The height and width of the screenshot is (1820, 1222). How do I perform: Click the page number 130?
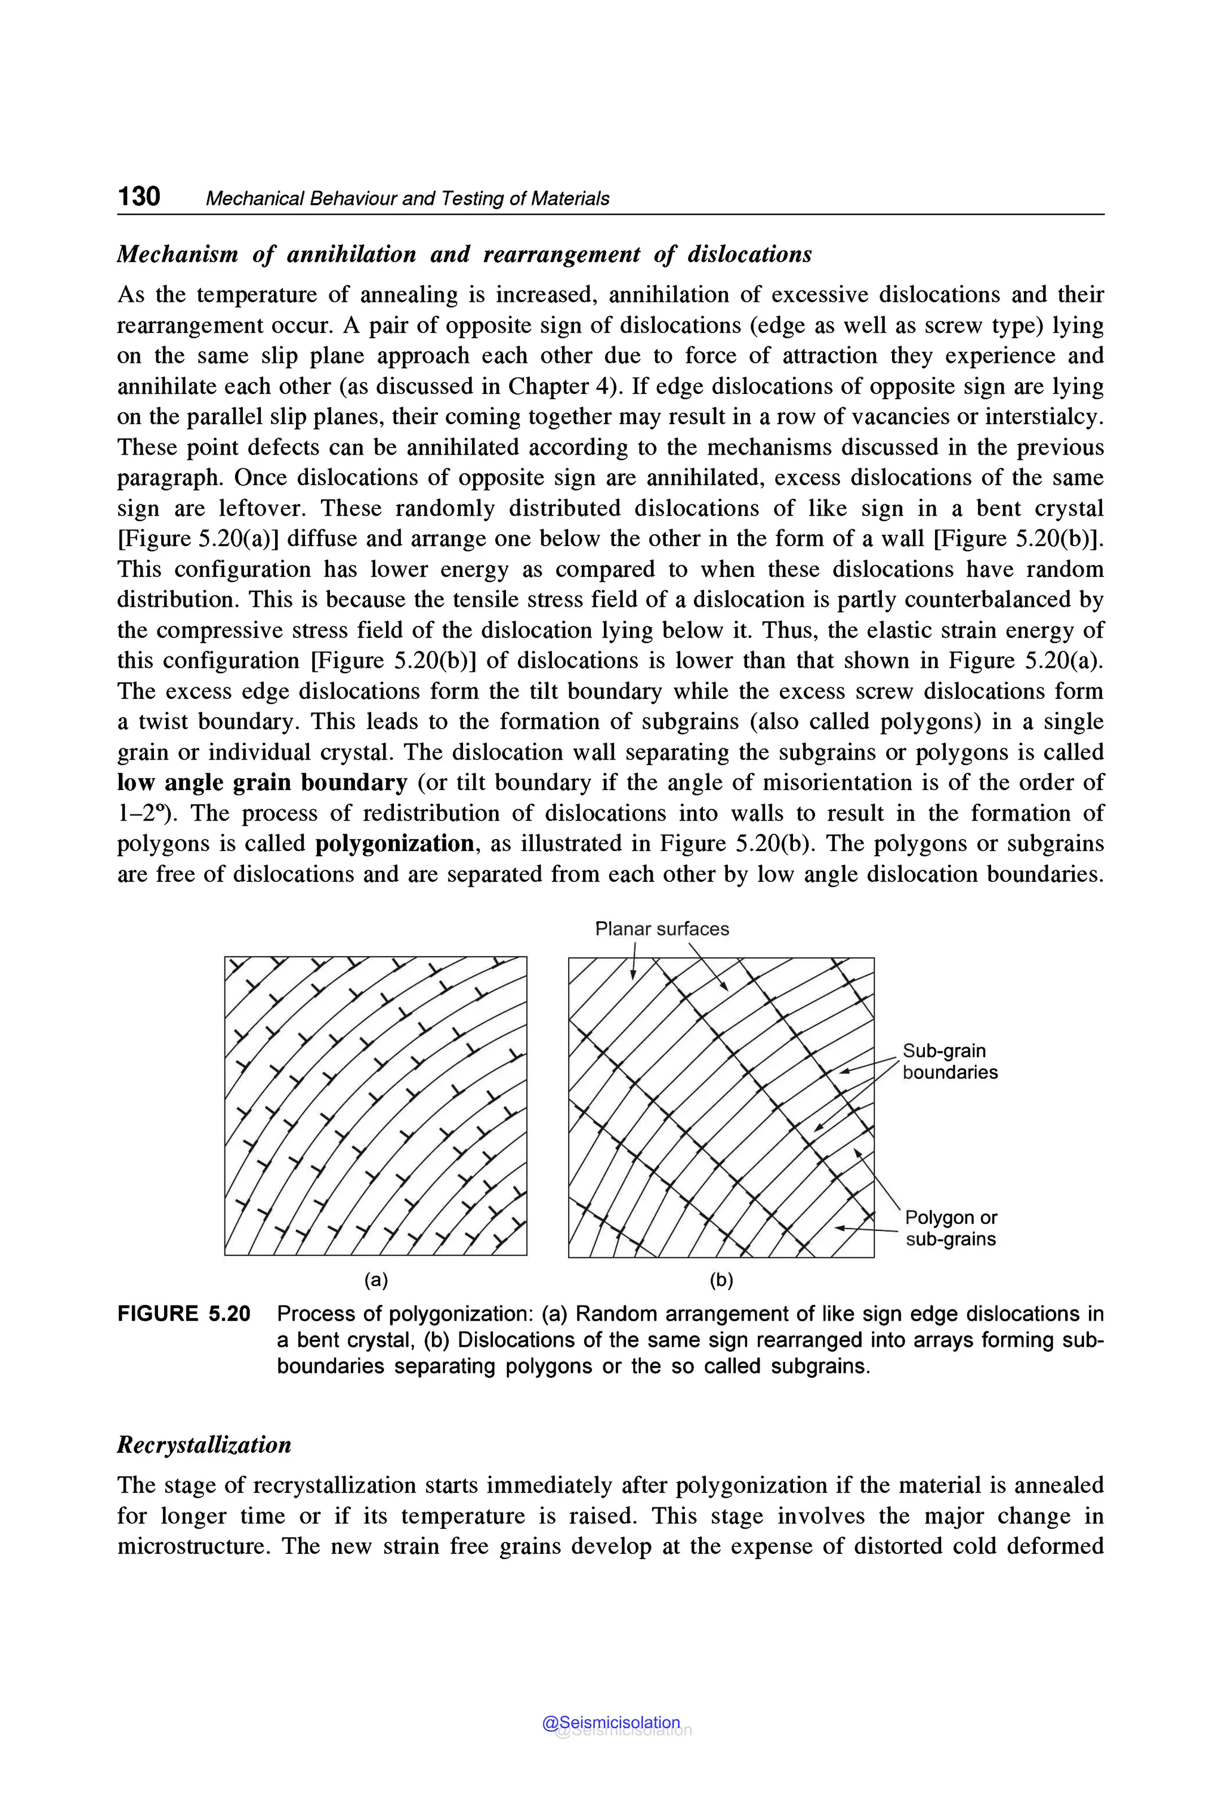138,196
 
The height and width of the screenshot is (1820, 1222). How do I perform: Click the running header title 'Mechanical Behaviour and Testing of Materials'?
407,199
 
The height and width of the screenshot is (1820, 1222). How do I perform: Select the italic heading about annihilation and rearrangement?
464,254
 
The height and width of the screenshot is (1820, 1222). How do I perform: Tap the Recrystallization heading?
203,1444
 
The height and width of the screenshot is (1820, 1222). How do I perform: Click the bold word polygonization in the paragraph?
394,843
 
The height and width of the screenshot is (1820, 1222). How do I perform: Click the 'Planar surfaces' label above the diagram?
662,928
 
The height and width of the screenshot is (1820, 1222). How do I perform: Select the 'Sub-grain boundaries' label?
949,1061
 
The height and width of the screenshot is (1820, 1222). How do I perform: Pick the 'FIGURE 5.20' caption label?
184,1314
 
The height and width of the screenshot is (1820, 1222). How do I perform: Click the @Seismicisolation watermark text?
611,1723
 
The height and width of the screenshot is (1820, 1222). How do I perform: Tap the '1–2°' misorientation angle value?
145,813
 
